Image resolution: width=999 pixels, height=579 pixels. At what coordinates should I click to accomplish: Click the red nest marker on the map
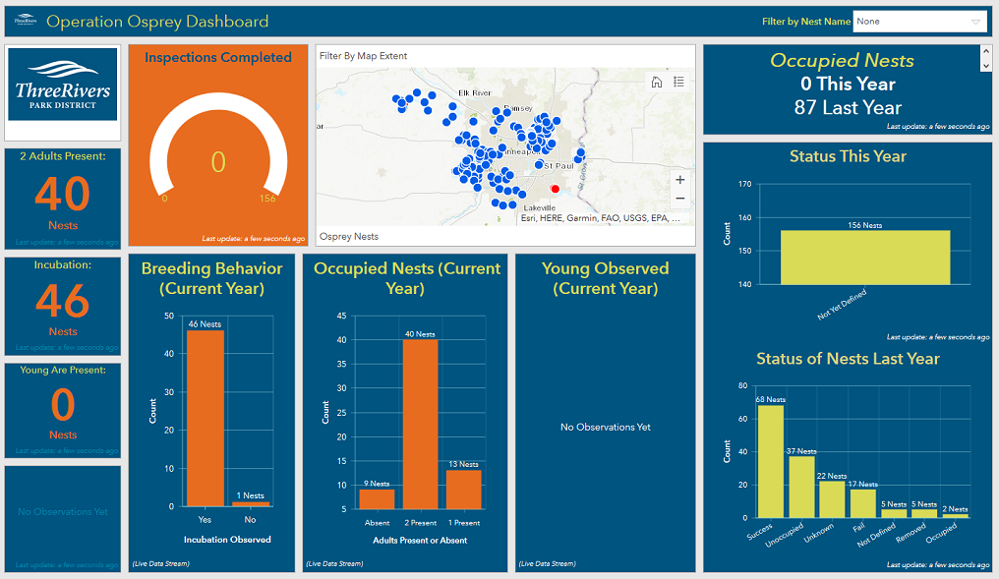tap(555, 189)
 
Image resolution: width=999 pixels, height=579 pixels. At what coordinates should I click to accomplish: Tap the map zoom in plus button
tap(679, 180)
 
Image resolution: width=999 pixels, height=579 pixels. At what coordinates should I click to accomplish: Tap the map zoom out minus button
tap(679, 199)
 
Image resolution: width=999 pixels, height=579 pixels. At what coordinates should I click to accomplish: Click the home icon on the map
tap(657, 82)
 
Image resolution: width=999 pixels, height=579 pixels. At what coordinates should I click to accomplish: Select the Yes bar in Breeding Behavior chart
tap(206, 418)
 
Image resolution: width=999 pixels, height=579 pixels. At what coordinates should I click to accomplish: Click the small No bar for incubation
tap(250, 504)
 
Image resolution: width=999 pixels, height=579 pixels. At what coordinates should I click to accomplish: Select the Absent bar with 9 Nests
tap(377, 498)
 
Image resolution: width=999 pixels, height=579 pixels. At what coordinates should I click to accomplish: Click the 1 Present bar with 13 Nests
tap(462, 489)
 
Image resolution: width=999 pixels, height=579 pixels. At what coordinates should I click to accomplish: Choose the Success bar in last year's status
tap(771, 461)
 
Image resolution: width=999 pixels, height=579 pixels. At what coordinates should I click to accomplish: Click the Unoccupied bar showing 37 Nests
tap(801, 487)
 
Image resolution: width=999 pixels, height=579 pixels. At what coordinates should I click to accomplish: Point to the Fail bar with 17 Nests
tap(862, 502)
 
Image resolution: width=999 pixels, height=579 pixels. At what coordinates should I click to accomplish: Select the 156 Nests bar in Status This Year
tap(865, 258)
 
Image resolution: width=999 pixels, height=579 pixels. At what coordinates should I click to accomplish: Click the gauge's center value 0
tap(218, 162)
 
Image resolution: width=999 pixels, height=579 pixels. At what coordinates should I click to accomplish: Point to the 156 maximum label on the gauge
tap(267, 199)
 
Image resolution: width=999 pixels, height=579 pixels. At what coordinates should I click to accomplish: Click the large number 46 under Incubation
tap(63, 302)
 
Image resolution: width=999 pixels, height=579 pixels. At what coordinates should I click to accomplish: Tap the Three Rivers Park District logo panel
tap(63, 92)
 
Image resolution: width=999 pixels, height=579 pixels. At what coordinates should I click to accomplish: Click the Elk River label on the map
tap(474, 93)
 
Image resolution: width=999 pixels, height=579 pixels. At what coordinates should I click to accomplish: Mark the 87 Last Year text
tap(848, 107)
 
